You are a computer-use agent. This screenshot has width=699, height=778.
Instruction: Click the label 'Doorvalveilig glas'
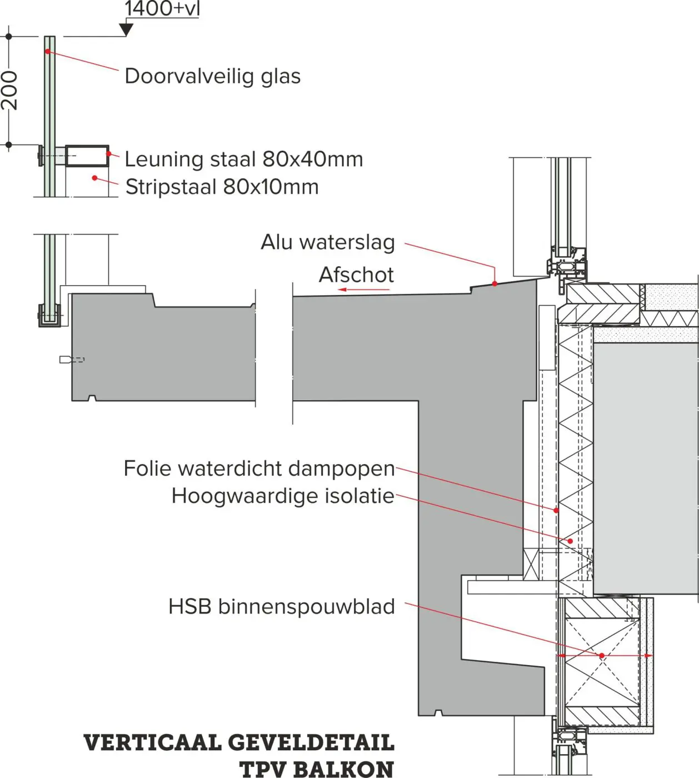pos(212,76)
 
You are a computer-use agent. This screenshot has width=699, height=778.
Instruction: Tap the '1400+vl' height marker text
pos(162,9)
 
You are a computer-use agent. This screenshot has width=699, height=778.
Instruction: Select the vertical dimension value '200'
pos(11,91)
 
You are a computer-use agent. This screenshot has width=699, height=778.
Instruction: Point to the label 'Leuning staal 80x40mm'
pos(243,159)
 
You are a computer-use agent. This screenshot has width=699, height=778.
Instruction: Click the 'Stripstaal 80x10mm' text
pos(222,187)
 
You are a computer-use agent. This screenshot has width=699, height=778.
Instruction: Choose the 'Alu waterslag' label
pos(328,242)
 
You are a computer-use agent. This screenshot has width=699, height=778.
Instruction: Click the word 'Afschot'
pos(356,275)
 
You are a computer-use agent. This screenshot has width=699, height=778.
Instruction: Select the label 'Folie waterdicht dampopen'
pos(259,468)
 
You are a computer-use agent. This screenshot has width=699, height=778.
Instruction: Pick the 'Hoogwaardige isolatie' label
pos(283,496)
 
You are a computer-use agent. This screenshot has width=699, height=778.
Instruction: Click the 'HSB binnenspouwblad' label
pos(281,606)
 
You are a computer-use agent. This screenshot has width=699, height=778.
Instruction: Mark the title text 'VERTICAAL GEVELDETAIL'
pos(239,743)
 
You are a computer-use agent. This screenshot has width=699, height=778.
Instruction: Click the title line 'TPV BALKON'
pos(316,769)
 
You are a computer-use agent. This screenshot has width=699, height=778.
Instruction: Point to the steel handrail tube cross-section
pos(87,156)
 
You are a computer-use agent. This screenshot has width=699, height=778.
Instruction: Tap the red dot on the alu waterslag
pos(494,283)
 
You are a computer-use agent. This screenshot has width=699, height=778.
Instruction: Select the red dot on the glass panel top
pos(48,51)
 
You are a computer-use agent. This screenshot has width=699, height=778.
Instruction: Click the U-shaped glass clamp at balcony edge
pos(49,316)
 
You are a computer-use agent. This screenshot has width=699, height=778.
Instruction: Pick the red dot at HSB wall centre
pos(601,656)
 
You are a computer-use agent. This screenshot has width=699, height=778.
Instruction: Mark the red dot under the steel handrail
pos(94,178)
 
